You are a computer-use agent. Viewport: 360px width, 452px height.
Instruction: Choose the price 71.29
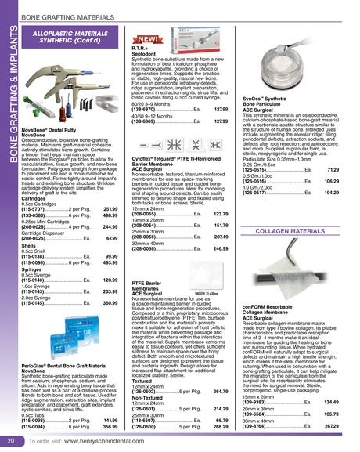[333, 169]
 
